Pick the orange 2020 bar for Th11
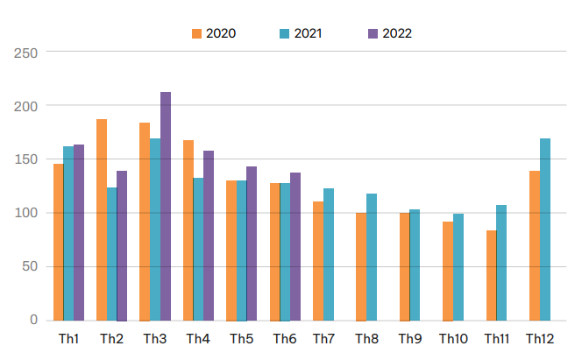(x=492, y=275)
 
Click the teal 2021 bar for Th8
(x=372, y=257)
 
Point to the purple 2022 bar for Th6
(x=295, y=246)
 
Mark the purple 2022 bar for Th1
(x=79, y=232)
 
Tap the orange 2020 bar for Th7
(x=318, y=261)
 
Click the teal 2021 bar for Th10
(x=458, y=267)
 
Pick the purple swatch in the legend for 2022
(x=373, y=33)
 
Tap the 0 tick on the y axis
(x=34, y=321)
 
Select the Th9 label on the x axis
(x=410, y=338)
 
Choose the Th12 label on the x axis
(x=539, y=338)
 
